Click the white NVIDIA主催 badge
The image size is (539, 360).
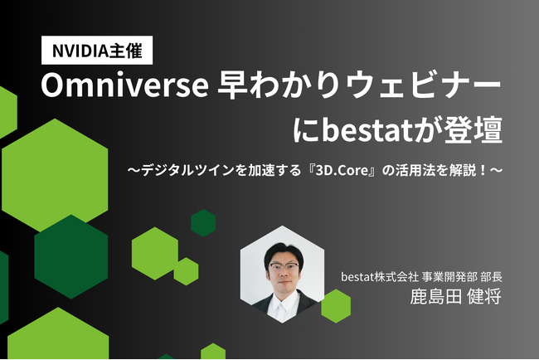pyautogui.click(x=97, y=51)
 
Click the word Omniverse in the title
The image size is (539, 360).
pyautogui.click(x=124, y=86)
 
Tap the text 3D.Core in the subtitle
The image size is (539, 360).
pyautogui.click(x=342, y=170)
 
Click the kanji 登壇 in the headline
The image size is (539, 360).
pyautogui.click(x=473, y=131)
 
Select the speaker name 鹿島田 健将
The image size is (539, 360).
pyautogui.click(x=456, y=296)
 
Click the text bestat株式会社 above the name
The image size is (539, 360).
pyautogui.click(x=380, y=276)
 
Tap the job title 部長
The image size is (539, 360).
pyautogui.click(x=492, y=276)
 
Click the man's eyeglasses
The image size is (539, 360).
pyautogui.click(x=284, y=267)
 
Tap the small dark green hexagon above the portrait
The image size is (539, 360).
pyautogui.click(x=203, y=223)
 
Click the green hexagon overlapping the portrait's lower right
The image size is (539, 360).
pyautogui.click(x=336, y=306)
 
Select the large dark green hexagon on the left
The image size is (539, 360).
pyautogui.click(x=71, y=256)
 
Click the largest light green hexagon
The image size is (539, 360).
pyautogui.click(x=55, y=175)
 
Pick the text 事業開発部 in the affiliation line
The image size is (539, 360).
pyautogui.click(x=449, y=276)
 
